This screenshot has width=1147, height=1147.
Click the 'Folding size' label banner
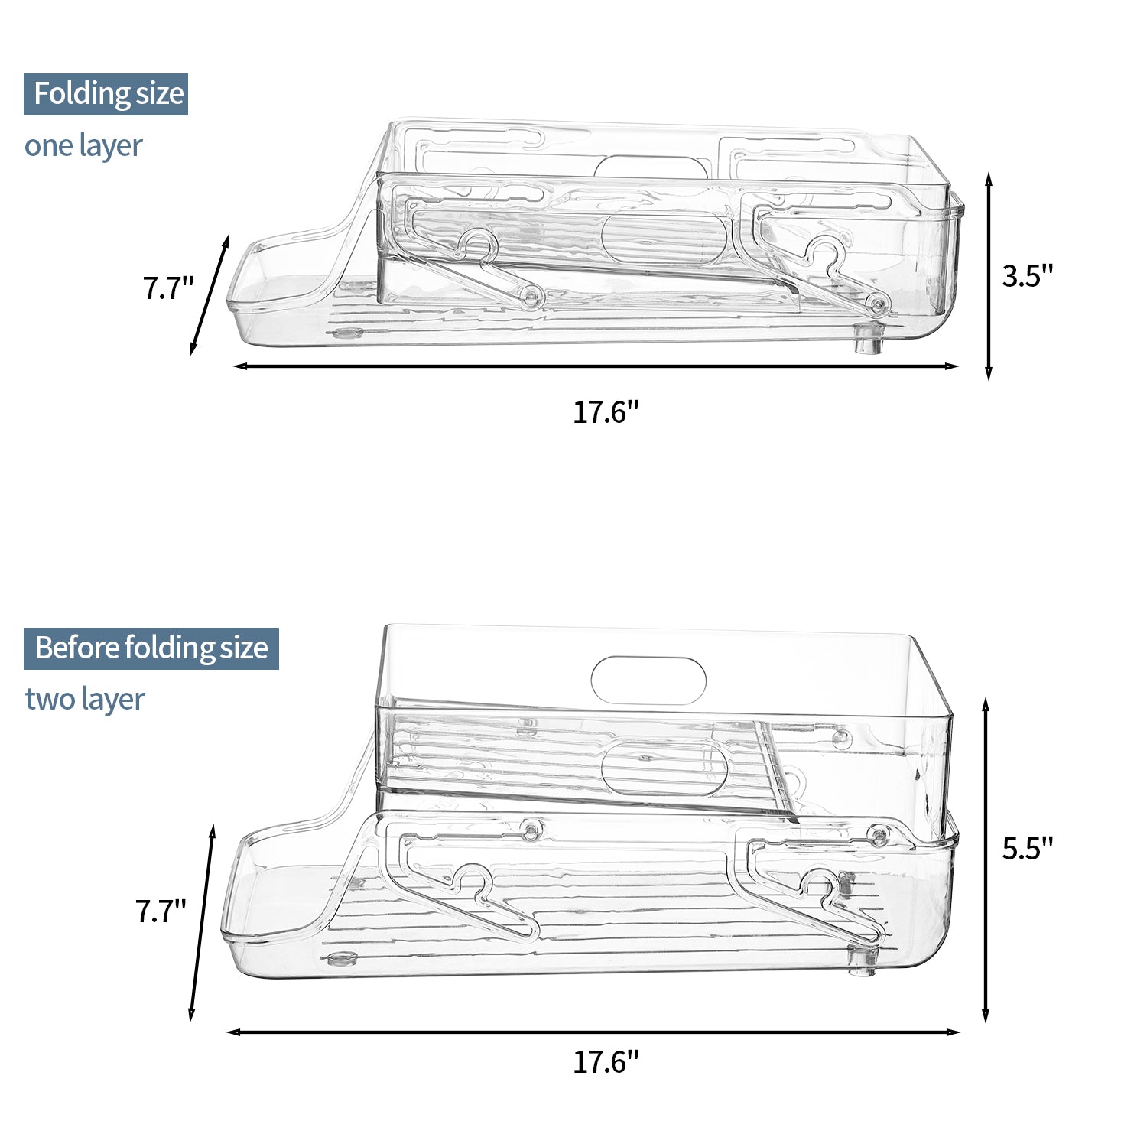(x=106, y=94)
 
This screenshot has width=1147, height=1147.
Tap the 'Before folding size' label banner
(x=151, y=648)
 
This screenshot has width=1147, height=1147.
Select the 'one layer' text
(x=83, y=145)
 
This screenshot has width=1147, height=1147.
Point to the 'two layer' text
(x=84, y=699)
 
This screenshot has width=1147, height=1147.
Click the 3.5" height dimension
(x=1028, y=276)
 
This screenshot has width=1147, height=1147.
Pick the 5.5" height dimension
(x=1028, y=847)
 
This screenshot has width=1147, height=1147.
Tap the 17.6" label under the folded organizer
(x=606, y=413)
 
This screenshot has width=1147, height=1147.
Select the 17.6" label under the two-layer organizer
(x=606, y=1062)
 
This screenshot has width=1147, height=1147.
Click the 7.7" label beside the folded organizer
(x=168, y=289)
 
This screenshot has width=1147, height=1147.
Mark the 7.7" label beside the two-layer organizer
(x=161, y=911)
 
